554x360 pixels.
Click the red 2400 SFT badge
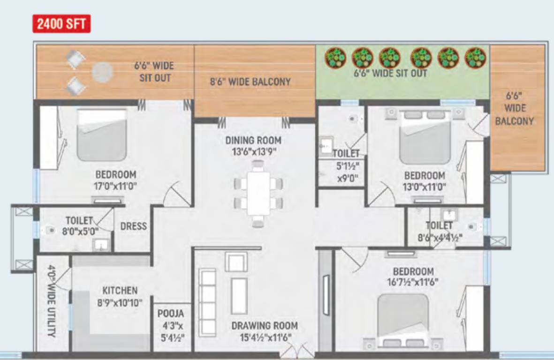point(61,24)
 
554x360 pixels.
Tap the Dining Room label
point(253,140)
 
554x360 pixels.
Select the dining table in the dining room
point(258,193)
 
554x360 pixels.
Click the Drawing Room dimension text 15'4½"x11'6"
point(265,337)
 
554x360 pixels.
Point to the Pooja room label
point(171,314)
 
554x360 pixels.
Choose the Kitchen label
point(120,291)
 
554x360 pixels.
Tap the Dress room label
point(133,226)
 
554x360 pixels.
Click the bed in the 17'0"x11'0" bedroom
point(102,135)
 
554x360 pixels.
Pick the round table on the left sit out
point(102,72)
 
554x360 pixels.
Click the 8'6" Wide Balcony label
point(250,82)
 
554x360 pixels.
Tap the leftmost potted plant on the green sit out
point(335,57)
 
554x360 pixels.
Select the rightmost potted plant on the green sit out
point(475,57)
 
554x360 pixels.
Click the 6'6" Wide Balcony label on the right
point(514,108)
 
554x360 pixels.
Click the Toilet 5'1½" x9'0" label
point(346,165)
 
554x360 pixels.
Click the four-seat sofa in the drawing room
point(207,295)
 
